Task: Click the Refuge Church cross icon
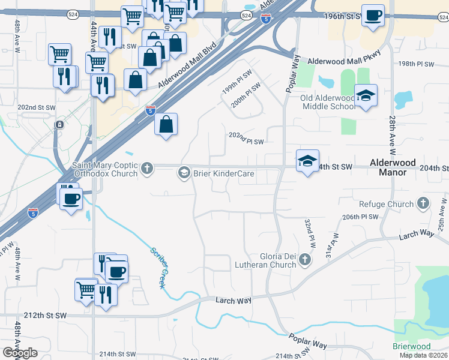coord(424,203)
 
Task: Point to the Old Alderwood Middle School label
coord(327,102)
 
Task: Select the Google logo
coord(20,353)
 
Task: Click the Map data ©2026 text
coord(421,355)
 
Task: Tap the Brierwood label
coord(412,346)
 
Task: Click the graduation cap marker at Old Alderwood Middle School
coord(365,96)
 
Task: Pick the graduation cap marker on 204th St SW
coord(307,161)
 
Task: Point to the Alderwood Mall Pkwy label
coord(344,61)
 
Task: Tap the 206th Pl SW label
coord(361,217)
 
